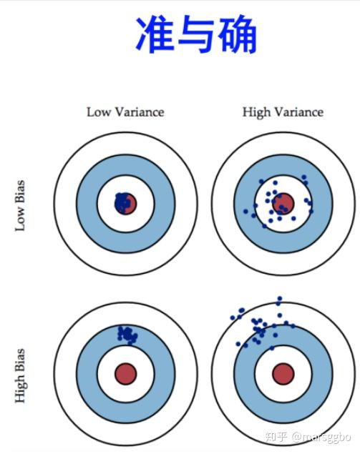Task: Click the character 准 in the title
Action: [155, 34]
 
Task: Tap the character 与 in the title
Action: [197, 34]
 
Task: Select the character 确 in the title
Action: [238, 34]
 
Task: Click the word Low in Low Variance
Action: [98, 112]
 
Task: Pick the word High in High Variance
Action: [256, 113]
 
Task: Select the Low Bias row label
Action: [20, 206]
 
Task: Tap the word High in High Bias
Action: [21, 388]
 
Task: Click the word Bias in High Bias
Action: [20, 360]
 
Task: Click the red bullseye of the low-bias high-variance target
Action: [283, 204]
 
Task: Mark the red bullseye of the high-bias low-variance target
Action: [125, 374]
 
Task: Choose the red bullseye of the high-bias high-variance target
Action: [283, 374]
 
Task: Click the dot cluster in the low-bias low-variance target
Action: [122, 202]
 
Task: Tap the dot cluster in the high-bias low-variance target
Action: [127, 335]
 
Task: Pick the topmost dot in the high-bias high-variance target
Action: [280, 299]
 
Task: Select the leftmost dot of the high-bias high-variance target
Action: [233, 318]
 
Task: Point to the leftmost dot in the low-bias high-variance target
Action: [245, 212]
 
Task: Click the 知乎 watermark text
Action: [276, 437]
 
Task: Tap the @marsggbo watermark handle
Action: [321, 438]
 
